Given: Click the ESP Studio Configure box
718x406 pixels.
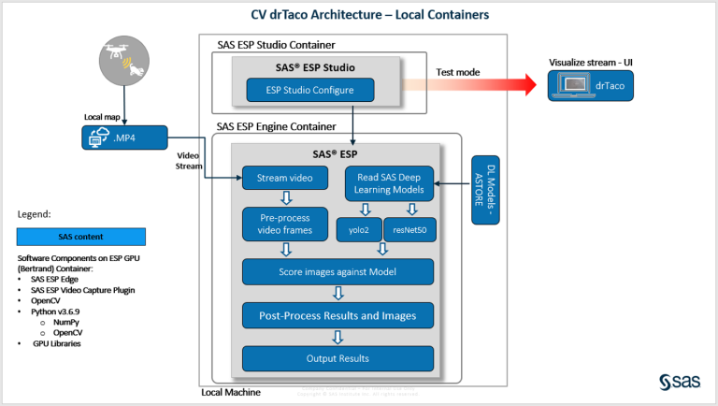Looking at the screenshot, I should (310, 90).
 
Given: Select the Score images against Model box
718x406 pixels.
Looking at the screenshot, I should (337, 272).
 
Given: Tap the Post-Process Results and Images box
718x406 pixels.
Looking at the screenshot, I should (337, 315).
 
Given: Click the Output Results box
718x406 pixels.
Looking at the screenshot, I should (337, 358).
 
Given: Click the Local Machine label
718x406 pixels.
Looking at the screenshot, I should (231, 392).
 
